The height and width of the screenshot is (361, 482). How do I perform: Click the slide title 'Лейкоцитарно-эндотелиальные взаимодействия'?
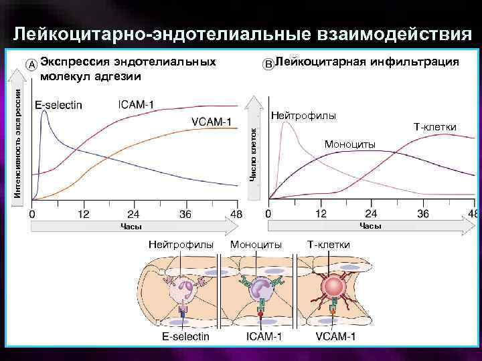tap(240, 33)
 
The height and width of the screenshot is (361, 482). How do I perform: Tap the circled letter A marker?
tap(31, 64)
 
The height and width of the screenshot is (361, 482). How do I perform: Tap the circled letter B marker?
tap(268, 64)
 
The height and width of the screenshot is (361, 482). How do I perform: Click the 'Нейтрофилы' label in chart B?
tap(303, 116)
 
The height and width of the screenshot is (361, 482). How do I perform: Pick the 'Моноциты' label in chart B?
tap(349, 144)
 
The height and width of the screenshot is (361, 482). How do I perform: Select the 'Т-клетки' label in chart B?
tap(435, 126)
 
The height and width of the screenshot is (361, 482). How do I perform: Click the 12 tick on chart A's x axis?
tap(84, 215)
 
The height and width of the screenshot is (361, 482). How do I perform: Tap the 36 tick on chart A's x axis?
tap(185, 215)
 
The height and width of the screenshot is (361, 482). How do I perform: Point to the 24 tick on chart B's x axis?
tap(372, 214)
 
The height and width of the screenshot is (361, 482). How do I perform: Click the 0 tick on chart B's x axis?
tap(268, 214)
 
